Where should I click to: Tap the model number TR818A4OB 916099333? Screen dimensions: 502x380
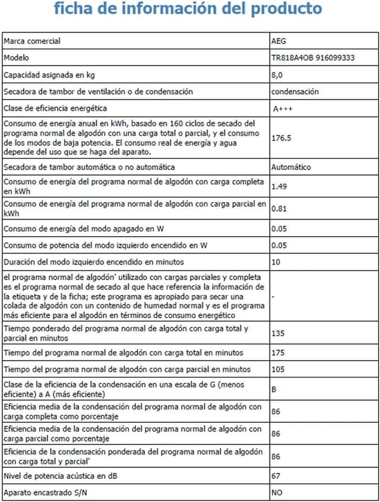pos(313,58)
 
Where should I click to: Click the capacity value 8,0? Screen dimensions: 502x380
pos(277,75)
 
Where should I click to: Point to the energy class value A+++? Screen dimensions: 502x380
pos(283,109)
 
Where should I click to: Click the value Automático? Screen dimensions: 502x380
pos(291,167)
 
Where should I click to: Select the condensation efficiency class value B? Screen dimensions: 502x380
pos(273,390)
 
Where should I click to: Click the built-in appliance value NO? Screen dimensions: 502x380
pos(277,493)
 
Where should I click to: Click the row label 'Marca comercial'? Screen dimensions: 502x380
pos(32,42)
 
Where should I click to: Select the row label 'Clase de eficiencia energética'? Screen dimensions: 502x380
pos(55,109)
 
